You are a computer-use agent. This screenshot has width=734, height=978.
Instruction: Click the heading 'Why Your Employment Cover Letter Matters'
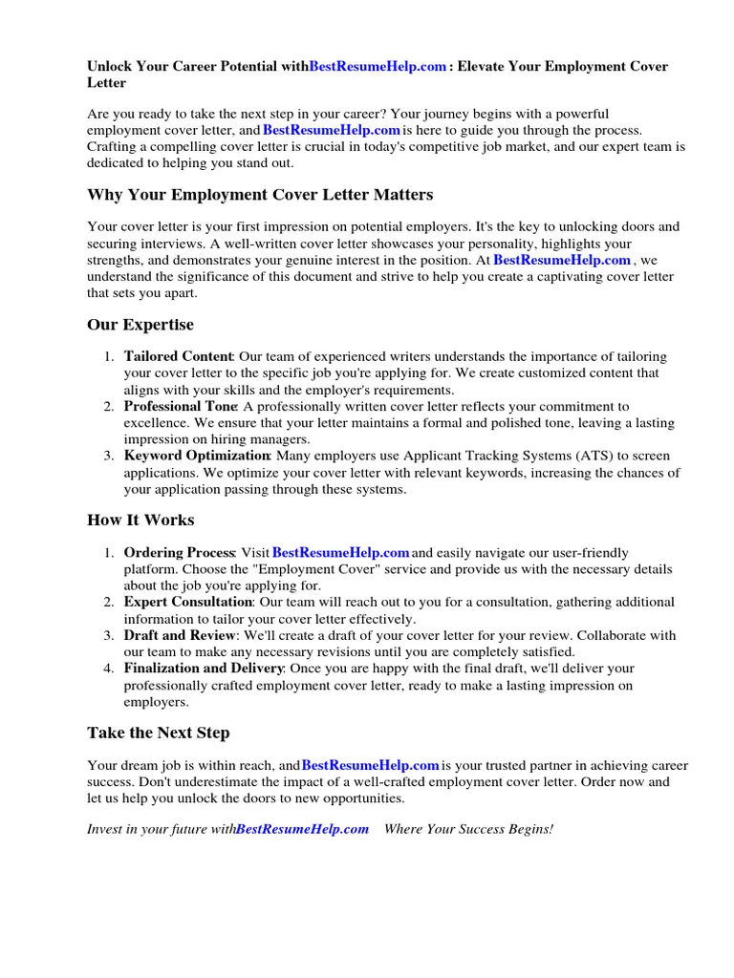click(x=260, y=195)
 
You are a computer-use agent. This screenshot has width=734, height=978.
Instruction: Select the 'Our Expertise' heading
click(x=140, y=325)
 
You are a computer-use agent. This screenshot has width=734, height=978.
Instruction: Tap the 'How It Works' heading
click(x=140, y=521)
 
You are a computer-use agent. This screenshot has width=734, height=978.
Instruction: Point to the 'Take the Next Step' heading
click(x=159, y=733)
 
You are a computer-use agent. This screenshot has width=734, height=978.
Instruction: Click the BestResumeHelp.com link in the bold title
click(x=378, y=67)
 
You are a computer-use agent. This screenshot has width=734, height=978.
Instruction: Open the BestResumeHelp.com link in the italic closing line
click(x=302, y=829)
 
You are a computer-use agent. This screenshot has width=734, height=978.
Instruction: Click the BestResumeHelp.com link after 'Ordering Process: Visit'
click(x=341, y=553)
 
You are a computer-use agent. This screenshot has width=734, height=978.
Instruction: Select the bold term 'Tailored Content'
click(x=179, y=357)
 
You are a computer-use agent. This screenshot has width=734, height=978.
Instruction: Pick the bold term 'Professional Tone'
click(x=180, y=407)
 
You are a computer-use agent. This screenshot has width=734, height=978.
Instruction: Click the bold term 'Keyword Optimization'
click(x=197, y=457)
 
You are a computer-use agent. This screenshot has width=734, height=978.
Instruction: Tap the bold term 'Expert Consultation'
click(x=187, y=603)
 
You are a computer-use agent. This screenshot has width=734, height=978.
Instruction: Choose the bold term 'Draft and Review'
click(x=179, y=635)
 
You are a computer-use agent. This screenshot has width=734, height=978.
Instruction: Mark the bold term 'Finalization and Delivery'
click(x=203, y=669)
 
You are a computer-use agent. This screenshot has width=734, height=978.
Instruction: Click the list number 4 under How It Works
click(x=109, y=669)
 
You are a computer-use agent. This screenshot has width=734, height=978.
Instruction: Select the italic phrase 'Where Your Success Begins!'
click(x=468, y=829)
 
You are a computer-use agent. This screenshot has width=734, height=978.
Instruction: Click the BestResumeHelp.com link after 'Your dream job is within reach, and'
click(x=371, y=766)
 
